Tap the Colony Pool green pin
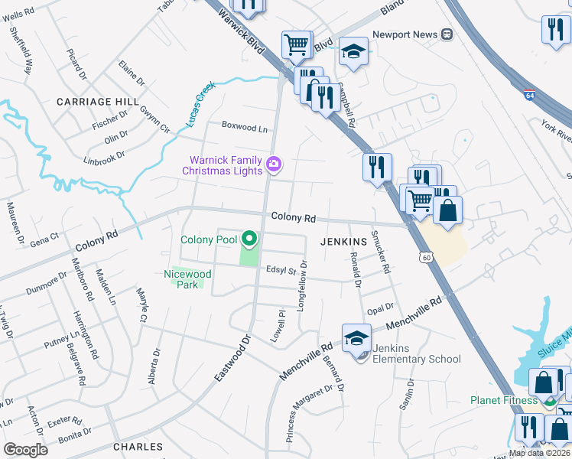click(x=248, y=239)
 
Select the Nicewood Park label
click(x=187, y=279)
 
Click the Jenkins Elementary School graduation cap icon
click(x=356, y=338)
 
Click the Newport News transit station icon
click(x=447, y=34)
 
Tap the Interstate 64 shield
click(x=529, y=95)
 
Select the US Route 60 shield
click(x=424, y=259)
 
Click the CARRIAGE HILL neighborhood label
click(x=98, y=101)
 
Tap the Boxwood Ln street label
click(x=245, y=127)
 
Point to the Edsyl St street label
click(x=281, y=269)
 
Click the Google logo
click(x=25, y=450)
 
